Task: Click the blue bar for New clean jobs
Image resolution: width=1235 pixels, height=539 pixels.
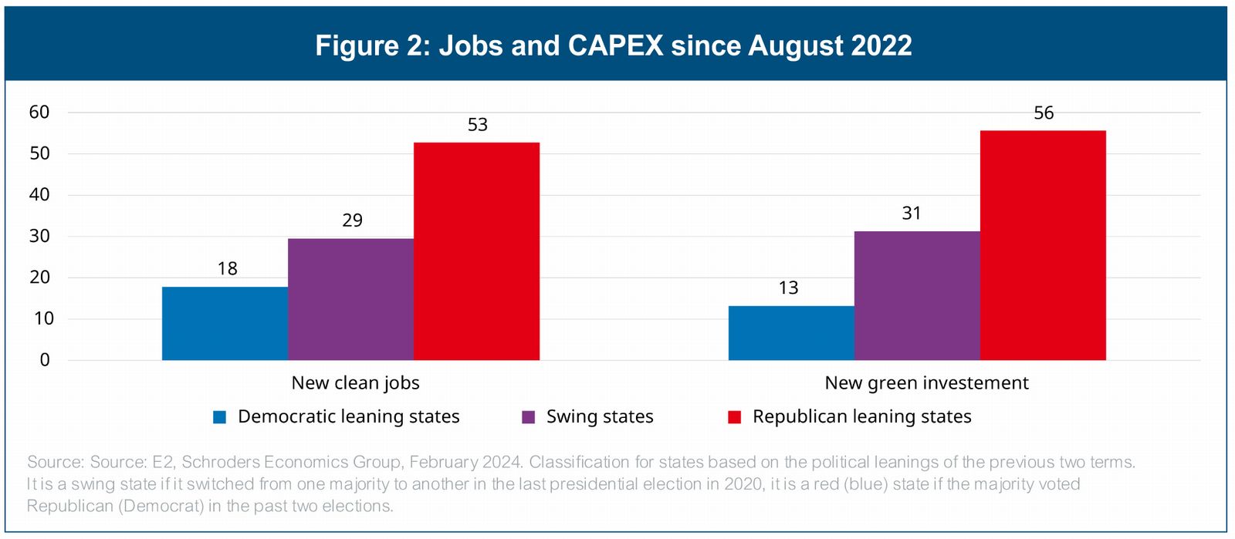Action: pos(225,323)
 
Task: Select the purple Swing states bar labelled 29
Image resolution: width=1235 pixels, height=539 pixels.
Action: pos(350,299)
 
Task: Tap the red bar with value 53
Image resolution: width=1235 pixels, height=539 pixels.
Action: pos(476,251)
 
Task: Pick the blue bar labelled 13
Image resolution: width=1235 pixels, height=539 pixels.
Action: pos(791,333)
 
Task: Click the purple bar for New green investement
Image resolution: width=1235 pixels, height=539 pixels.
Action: pos(917,295)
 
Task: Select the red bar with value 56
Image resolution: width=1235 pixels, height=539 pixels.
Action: pos(1043,245)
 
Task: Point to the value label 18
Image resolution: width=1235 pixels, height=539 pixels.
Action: pos(228,268)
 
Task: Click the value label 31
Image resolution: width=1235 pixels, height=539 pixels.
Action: pos(912,214)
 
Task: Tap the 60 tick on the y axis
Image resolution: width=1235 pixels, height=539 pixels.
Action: pos(39,113)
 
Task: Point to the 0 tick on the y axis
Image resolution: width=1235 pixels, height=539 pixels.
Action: pos(45,360)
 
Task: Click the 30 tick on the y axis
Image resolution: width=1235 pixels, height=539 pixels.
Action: pos(39,236)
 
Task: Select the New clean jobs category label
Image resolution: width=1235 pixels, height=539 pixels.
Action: pos(355,383)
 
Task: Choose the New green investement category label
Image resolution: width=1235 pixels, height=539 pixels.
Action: pos(926,383)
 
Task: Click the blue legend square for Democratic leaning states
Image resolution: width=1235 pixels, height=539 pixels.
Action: pos(220,417)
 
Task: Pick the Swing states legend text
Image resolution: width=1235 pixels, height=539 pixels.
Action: pos(600,417)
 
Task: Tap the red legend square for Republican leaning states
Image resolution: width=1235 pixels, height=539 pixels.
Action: pos(735,417)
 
